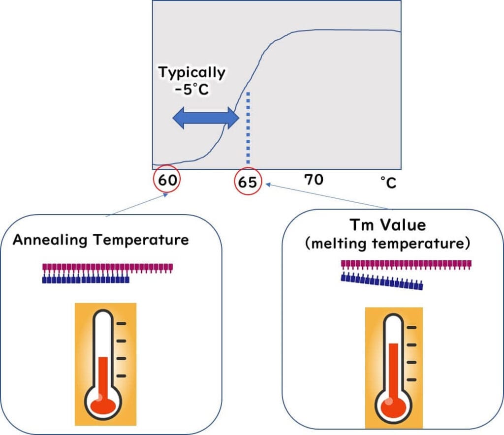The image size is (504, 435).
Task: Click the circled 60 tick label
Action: tap(167, 180)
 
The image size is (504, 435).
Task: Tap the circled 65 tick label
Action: tap(248, 182)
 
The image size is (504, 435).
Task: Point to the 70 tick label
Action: tap(314, 180)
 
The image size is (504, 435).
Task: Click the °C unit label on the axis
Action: tap(388, 183)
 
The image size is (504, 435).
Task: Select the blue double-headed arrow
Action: tap(205, 119)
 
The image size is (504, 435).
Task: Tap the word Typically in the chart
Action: tap(191, 72)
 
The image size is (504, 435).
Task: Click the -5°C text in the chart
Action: tap(192, 92)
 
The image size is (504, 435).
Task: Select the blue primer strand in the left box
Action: tap(86, 280)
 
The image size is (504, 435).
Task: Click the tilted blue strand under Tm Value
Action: tap(382, 283)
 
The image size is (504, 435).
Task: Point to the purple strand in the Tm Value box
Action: tap(406, 265)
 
